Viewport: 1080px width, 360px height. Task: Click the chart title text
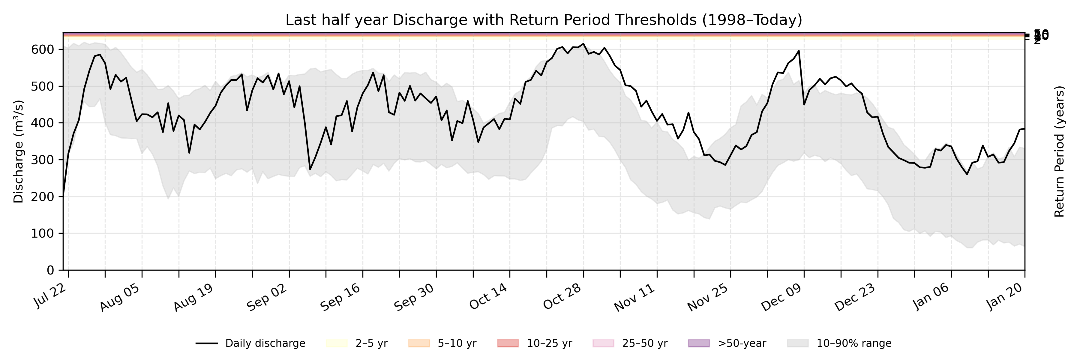[x=543, y=20]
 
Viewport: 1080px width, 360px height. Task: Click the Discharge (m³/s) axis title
[x=18, y=151]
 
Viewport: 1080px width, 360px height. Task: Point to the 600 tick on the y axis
[x=43, y=49]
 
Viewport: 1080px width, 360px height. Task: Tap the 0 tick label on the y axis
[x=50, y=270]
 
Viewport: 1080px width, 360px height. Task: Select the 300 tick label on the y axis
[x=43, y=160]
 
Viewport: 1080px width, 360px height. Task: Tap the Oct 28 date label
[x=562, y=297]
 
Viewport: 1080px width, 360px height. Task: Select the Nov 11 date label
[x=635, y=297]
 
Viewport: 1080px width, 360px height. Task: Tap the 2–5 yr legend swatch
[x=337, y=343]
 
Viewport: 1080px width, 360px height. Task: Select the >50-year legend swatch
[x=699, y=343]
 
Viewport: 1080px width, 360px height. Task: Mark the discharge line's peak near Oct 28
[x=583, y=43]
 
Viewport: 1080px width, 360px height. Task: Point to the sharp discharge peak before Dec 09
[x=799, y=51]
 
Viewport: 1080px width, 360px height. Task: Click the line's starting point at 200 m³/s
[x=63, y=196]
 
